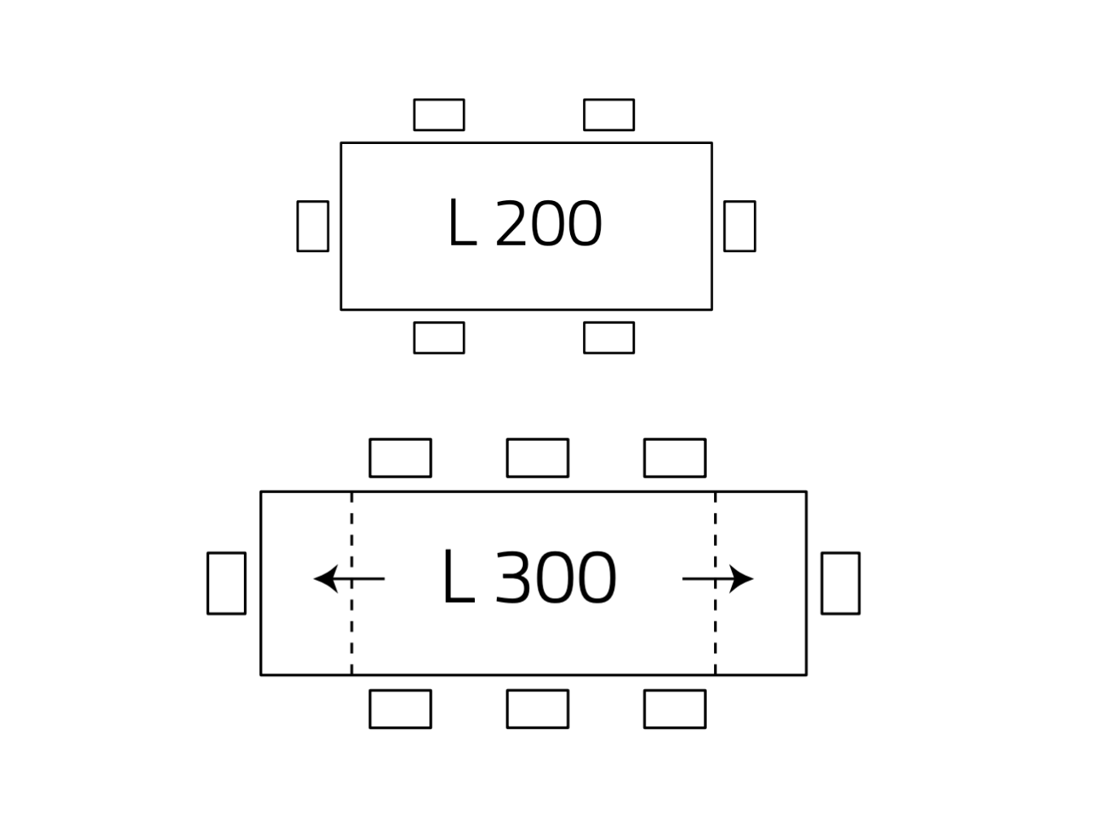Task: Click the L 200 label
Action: [525, 225]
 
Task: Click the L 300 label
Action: [529, 578]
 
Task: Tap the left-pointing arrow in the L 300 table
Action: [348, 578]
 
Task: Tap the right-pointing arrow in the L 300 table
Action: [718, 578]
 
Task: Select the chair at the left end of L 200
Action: [312, 225]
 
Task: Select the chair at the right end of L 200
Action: [739, 225]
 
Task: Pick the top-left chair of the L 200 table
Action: [438, 115]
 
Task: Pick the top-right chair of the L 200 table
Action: [608, 115]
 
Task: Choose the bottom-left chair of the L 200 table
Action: [438, 338]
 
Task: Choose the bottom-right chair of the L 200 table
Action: [608, 338]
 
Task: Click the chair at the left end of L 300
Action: [226, 582]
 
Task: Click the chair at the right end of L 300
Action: [840, 582]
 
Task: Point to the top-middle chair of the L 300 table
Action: [538, 457]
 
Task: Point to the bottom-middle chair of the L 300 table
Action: [538, 709]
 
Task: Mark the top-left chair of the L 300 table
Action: [400, 457]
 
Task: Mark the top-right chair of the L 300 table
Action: [674, 457]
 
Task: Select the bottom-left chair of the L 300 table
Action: [400, 709]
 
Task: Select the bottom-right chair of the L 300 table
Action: [674, 709]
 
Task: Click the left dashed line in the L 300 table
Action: [351, 635]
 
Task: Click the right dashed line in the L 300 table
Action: [716, 635]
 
